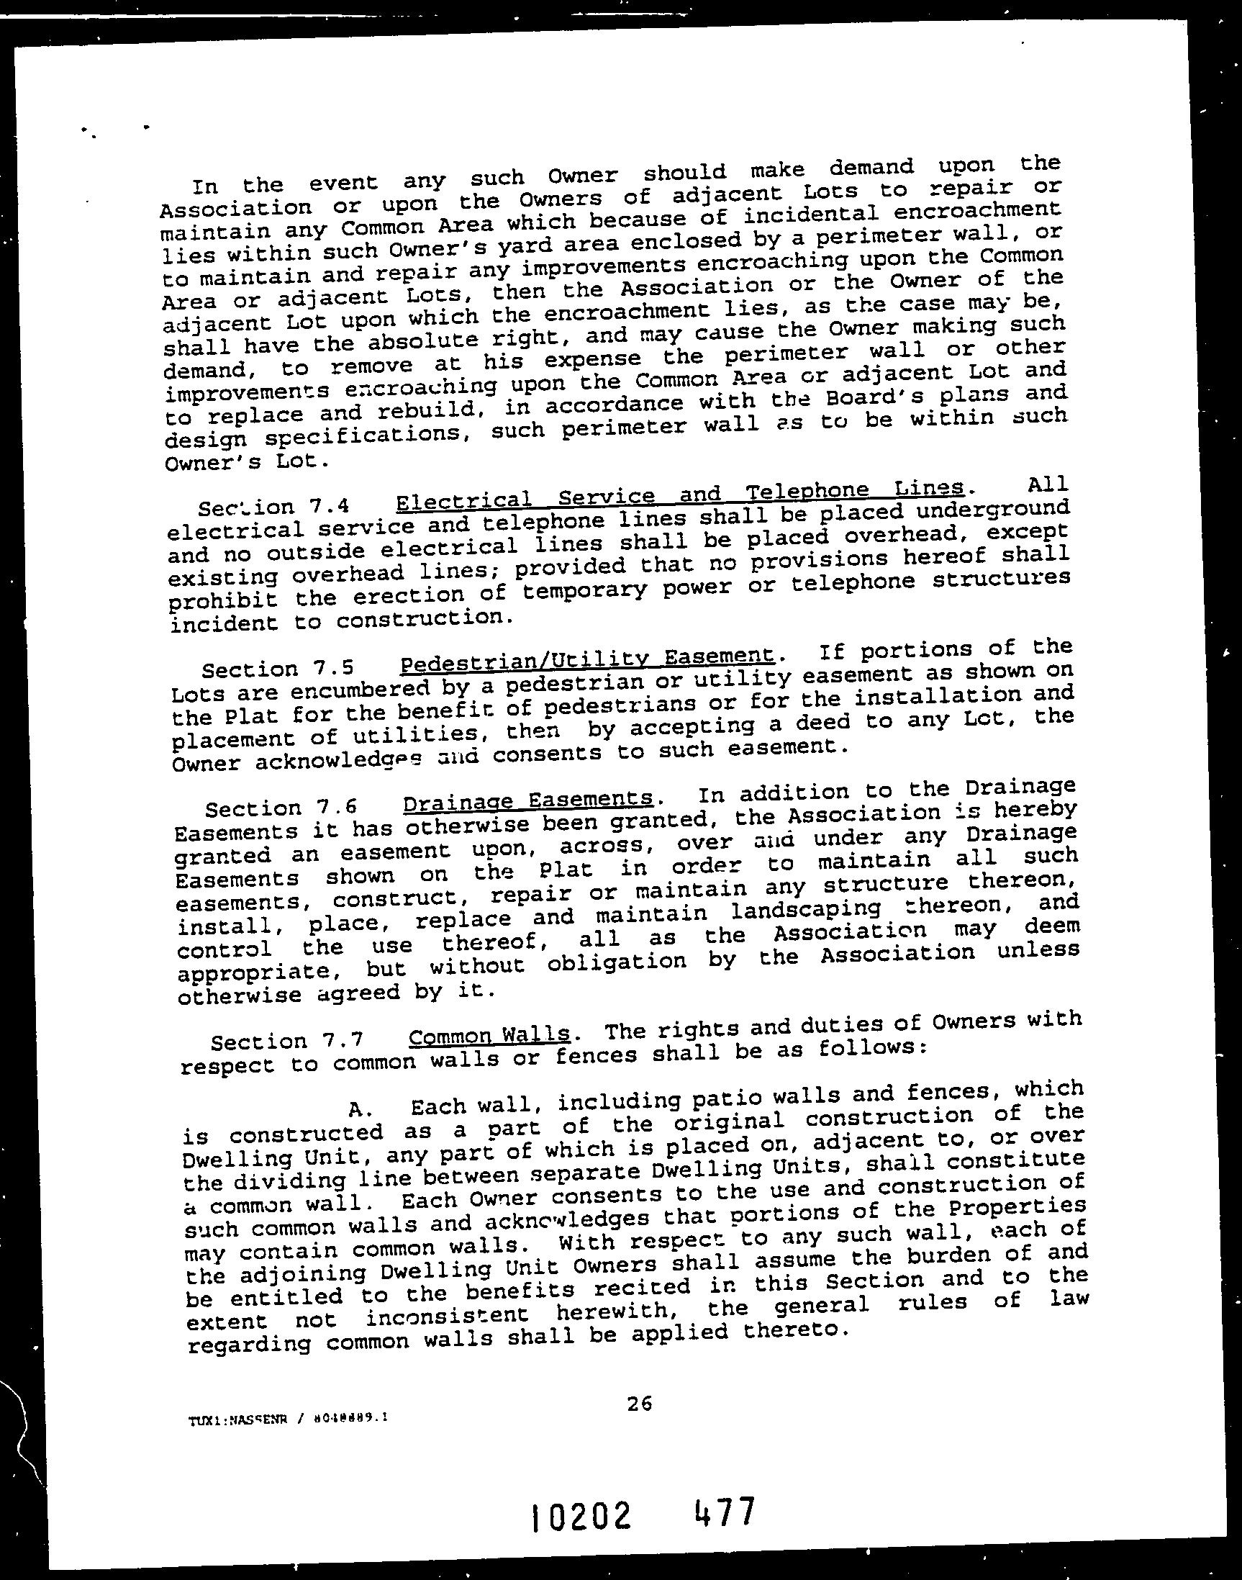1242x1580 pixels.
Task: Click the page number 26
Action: coord(639,1403)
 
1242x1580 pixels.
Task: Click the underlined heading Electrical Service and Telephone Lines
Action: coord(680,495)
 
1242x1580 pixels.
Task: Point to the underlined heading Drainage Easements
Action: coord(528,800)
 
